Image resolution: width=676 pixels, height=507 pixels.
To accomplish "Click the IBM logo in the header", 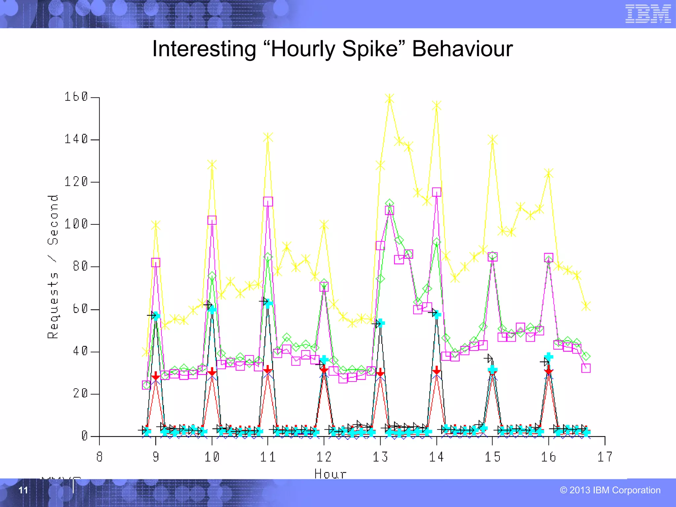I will pyautogui.click(x=648, y=14).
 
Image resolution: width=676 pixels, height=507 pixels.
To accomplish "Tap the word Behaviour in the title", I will pyautogui.click(x=462, y=49).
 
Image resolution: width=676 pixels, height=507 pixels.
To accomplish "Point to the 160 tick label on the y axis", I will pyautogui.click(x=76, y=97).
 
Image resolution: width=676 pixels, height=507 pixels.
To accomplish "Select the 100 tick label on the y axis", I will pyautogui.click(x=76, y=224).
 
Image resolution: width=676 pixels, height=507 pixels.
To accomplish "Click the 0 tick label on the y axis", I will pyautogui.click(x=85, y=436).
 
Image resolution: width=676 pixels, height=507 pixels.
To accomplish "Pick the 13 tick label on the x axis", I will pyautogui.click(x=380, y=457).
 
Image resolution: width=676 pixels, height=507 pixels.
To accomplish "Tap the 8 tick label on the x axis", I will pyautogui.click(x=99, y=457).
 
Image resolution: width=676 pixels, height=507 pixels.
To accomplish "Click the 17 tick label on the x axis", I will pyautogui.click(x=605, y=457).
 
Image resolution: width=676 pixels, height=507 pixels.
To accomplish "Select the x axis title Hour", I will pyautogui.click(x=330, y=474).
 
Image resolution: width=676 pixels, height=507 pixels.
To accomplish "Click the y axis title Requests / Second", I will pyautogui.click(x=53, y=267).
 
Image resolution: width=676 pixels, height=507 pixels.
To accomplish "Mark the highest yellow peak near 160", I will pyautogui.click(x=389, y=99).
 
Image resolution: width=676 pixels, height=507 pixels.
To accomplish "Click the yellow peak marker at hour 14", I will pyautogui.click(x=437, y=106).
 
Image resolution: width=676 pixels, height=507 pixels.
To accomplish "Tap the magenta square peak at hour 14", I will pyautogui.click(x=437, y=192).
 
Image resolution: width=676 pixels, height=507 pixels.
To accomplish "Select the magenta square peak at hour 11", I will pyautogui.click(x=268, y=201).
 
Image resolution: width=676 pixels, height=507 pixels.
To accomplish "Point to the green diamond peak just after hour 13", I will pyautogui.click(x=389, y=203).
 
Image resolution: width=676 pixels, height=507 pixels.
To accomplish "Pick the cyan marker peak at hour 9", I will pyautogui.click(x=156, y=316).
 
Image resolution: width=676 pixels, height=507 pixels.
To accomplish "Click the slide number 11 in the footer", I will pyautogui.click(x=23, y=490).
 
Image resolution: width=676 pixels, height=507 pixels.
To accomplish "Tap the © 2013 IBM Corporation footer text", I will pyautogui.click(x=610, y=490).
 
